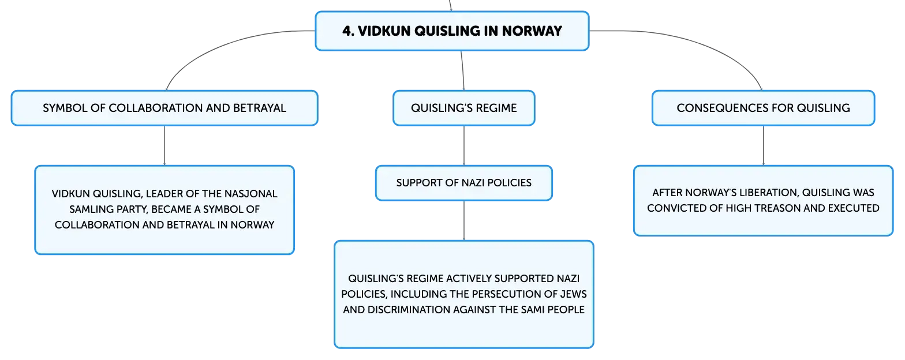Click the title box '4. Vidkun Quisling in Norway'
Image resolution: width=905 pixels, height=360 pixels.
click(x=452, y=31)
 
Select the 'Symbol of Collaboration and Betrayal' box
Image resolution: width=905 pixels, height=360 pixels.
click(x=164, y=108)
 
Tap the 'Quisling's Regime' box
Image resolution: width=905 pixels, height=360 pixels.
click(x=464, y=108)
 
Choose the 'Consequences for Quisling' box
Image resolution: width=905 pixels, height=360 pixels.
click(x=763, y=108)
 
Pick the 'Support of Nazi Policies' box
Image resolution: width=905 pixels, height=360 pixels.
click(x=464, y=183)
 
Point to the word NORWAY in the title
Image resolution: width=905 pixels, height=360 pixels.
click(x=532, y=31)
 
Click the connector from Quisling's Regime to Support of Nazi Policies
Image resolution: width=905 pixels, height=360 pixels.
click(x=464, y=145)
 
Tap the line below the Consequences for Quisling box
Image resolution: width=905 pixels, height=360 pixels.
click(x=763, y=145)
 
